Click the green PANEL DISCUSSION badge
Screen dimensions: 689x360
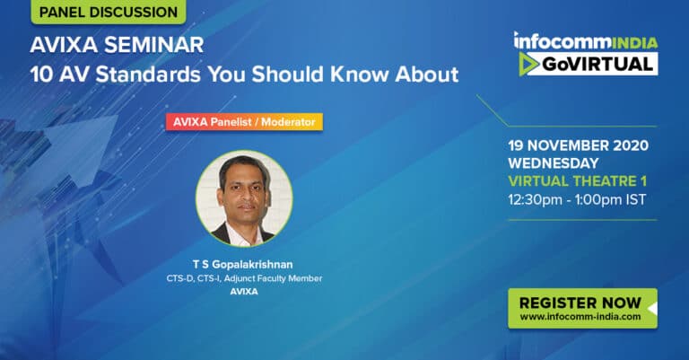[x=108, y=12]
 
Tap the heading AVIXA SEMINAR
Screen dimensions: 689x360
[x=117, y=45]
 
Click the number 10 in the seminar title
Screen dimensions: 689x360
[x=41, y=75]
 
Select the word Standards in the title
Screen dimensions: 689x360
[x=148, y=75]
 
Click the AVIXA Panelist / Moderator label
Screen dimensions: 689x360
[x=244, y=122]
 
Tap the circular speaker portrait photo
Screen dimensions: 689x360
[x=244, y=198]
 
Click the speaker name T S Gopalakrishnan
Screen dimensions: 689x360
[x=243, y=265]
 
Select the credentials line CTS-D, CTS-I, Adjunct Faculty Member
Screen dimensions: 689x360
[x=244, y=278]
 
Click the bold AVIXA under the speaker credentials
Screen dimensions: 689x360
[x=244, y=292]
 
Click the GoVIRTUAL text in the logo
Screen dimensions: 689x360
[x=597, y=64]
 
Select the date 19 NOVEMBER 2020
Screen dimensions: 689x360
[x=579, y=145]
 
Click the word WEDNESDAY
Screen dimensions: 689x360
[x=554, y=163]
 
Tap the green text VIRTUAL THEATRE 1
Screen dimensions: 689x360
[x=578, y=181]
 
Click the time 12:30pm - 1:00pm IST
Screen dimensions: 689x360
[x=577, y=200]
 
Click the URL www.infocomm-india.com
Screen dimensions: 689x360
[x=580, y=317]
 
